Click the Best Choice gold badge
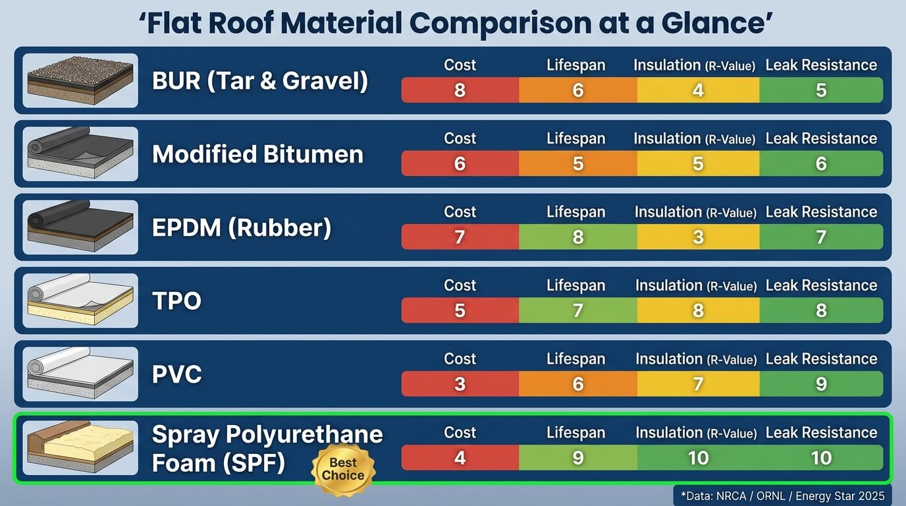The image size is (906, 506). [x=343, y=469]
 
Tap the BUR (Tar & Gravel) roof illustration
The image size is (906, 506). [x=80, y=80]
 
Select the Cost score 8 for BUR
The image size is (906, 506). [x=460, y=90]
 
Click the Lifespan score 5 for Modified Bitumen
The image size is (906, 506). [x=578, y=163]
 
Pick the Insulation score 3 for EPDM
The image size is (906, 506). [x=698, y=237]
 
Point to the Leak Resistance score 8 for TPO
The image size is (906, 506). [x=821, y=310]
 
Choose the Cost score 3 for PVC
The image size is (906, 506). [x=460, y=384]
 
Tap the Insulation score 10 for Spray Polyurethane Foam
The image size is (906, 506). [x=698, y=458]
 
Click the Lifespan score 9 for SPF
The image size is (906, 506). [x=578, y=458]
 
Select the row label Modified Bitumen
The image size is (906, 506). [x=257, y=154]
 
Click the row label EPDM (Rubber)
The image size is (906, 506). [x=242, y=227]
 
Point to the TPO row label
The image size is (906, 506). [x=176, y=301]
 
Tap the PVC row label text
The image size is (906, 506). [x=176, y=374]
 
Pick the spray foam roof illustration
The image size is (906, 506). [x=80, y=448]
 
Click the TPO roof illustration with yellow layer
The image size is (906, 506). [x=80, y=301]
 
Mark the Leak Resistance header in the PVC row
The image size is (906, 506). [x=821, y=359]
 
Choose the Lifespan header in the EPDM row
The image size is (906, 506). [x=575, y=212]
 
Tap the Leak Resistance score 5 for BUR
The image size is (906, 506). [x=821, y=90]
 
